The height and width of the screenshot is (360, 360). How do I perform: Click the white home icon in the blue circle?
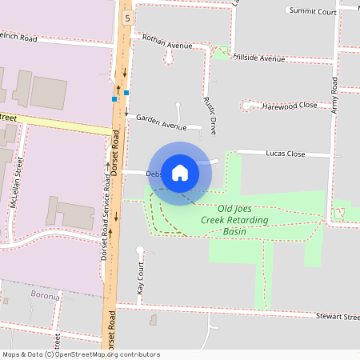180,172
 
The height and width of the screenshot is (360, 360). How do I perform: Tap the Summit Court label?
313,11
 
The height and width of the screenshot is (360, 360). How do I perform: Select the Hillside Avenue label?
260,58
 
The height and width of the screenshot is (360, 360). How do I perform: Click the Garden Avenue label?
161,121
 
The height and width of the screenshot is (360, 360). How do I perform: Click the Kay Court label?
140,279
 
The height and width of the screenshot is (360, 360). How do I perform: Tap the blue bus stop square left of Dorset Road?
114,99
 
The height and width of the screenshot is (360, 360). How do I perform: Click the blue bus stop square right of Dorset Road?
126,92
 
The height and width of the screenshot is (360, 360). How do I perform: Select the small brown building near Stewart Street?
153,320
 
